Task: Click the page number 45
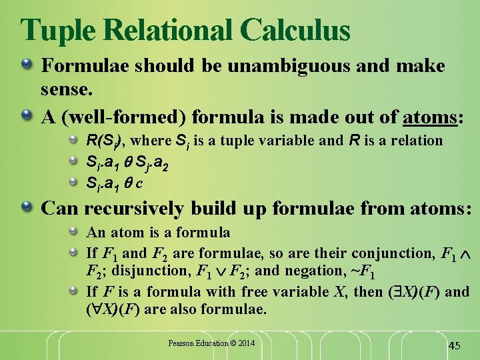[x=454, y=345]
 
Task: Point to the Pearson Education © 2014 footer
[x=211, y=343]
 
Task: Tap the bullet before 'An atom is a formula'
[x=75, y=233]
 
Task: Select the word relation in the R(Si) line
[x=417, y=141]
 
